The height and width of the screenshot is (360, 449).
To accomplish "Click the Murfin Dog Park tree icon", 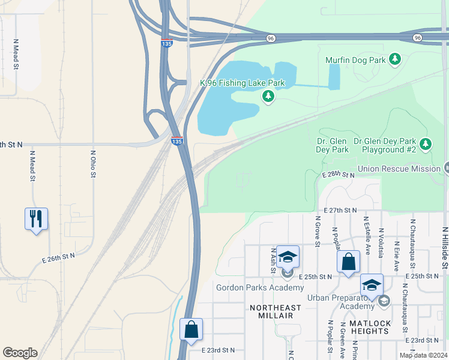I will click(x=394, y=59).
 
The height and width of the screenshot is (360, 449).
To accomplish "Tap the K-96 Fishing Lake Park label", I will click(x=242, y=83).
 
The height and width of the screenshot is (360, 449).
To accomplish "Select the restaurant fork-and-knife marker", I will click(x=36, y=218).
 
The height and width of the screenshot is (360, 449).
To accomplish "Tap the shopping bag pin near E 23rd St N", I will click(x=191, y=330).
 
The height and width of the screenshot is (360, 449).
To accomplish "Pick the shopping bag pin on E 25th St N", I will click(x=348, y=262).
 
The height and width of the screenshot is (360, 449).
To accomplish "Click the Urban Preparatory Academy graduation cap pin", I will click(x=372, y=285).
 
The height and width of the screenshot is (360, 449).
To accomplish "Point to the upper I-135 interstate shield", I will click(x=167, y=44).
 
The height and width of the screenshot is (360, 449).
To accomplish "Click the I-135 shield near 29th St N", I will click(x=176, y=141).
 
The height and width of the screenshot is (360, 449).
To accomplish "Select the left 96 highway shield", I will click(x=271, y=38).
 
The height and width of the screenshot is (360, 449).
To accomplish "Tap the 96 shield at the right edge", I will click(x=417, y=38).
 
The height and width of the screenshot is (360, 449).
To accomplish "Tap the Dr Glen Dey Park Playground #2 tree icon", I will click(x=426, y=144).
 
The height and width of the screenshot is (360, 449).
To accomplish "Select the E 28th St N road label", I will click(x=338, y=175).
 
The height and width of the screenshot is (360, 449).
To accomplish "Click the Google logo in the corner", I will click(x=20, y=353).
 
